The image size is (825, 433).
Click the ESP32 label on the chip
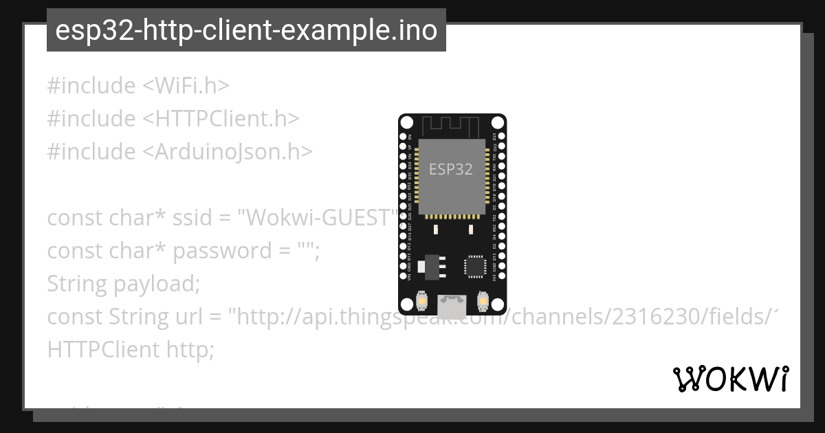(x=450, y=169)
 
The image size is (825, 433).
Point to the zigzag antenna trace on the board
(x=451, y=126)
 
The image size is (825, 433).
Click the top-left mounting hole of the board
(x=407, y=123)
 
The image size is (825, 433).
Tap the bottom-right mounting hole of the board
(x=496, y=303)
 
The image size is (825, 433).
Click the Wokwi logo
(x=730, y=379)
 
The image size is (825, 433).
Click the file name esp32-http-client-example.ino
(x=246, y=31)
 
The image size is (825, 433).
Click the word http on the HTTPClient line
(x=190, y=350)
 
